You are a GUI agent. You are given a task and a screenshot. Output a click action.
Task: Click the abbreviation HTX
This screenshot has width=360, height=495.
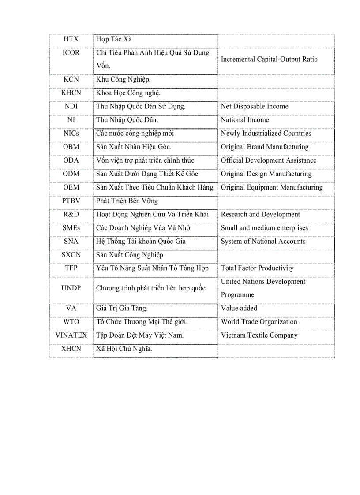click(71, 39)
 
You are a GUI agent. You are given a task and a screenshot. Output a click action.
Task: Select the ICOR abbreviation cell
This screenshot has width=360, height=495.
click(71, 52)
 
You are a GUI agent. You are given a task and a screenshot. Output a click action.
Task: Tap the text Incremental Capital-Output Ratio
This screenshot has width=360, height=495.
click(269, 59)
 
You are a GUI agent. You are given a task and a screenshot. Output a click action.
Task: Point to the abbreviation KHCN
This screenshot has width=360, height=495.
click(71, 93)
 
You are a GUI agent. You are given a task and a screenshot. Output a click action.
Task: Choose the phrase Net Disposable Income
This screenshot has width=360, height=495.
click(255, 106)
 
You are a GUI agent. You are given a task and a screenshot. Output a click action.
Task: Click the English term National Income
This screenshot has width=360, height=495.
click(245, 120)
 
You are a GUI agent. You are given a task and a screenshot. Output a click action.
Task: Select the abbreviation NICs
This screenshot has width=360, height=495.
click(71, 133)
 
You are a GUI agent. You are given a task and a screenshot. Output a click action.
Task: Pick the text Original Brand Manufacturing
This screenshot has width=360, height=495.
click(265, 147)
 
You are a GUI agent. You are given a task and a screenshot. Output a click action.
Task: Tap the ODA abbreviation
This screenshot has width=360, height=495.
click(71, 160)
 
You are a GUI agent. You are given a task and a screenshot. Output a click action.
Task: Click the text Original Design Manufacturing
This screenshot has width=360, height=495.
click(266, 174)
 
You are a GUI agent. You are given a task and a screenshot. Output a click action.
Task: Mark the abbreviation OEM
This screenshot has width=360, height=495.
click(71, 187)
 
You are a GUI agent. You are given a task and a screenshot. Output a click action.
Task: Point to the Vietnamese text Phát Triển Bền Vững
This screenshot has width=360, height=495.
click(127, 201)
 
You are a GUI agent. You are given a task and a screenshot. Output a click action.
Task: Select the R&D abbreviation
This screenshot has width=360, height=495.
click(71, 214)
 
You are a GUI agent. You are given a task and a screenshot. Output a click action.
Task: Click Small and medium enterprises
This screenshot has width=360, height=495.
click(264, 228)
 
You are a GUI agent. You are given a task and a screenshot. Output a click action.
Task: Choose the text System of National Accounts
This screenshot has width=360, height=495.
click(263, 241)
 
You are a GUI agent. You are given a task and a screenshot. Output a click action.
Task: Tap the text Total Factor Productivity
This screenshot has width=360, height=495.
click(257, 268)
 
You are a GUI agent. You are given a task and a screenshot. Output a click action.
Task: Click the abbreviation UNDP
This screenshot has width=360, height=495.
click(71, 288)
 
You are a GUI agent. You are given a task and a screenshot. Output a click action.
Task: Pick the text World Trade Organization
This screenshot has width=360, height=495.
click(259, 322)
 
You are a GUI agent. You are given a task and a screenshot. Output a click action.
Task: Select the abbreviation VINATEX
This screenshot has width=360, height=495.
click(71, 335)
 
